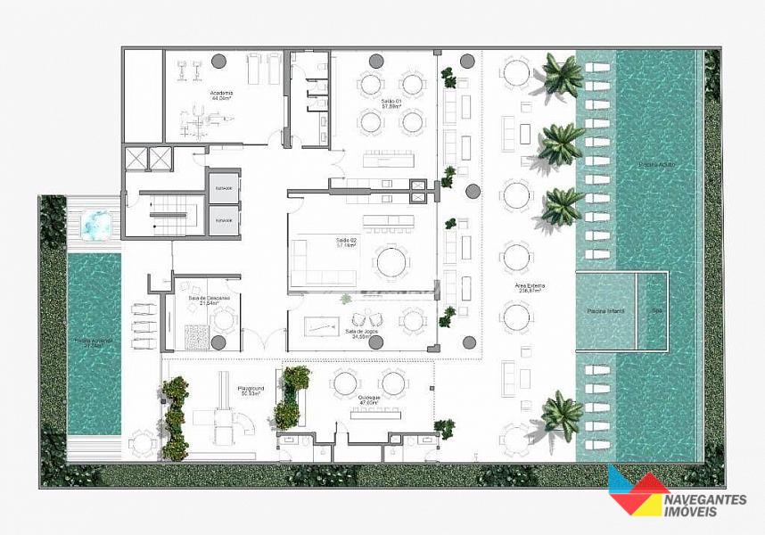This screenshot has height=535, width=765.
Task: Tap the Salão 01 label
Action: [x=392, y=103]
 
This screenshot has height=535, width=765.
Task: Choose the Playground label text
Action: [x=249, y=390]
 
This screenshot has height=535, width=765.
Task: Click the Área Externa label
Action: [x=530, y=287]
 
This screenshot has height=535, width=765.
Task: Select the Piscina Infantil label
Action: [x=605, y=311]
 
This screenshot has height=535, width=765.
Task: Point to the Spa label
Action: [x=657, y=311]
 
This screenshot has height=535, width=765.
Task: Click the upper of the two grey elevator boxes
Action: [x=225, y=188]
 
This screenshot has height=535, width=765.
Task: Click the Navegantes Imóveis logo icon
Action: [x=638, y=490]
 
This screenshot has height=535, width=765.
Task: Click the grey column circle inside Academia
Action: [x=218, y=61]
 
